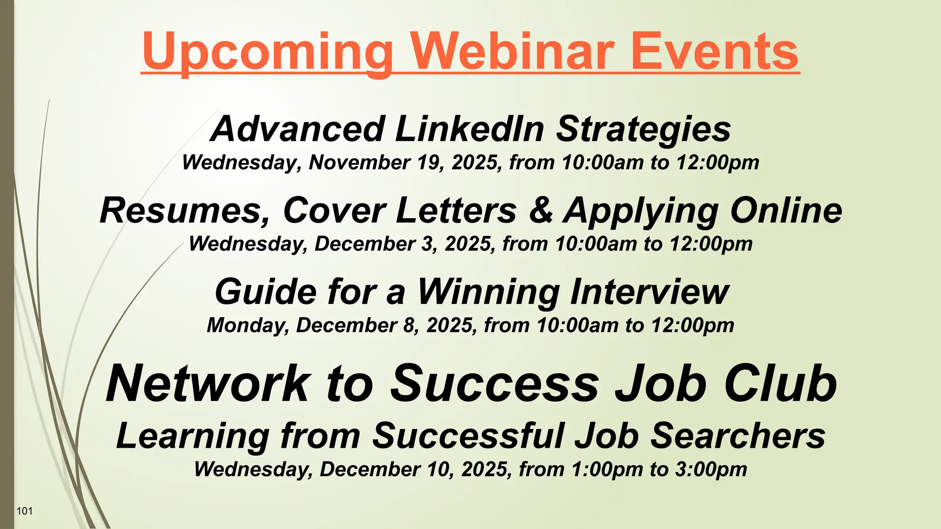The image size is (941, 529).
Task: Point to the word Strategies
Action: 643,130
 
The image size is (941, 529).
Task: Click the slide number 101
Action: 24,511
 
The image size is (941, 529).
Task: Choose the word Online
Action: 786,210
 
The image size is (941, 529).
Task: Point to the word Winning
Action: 489,293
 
